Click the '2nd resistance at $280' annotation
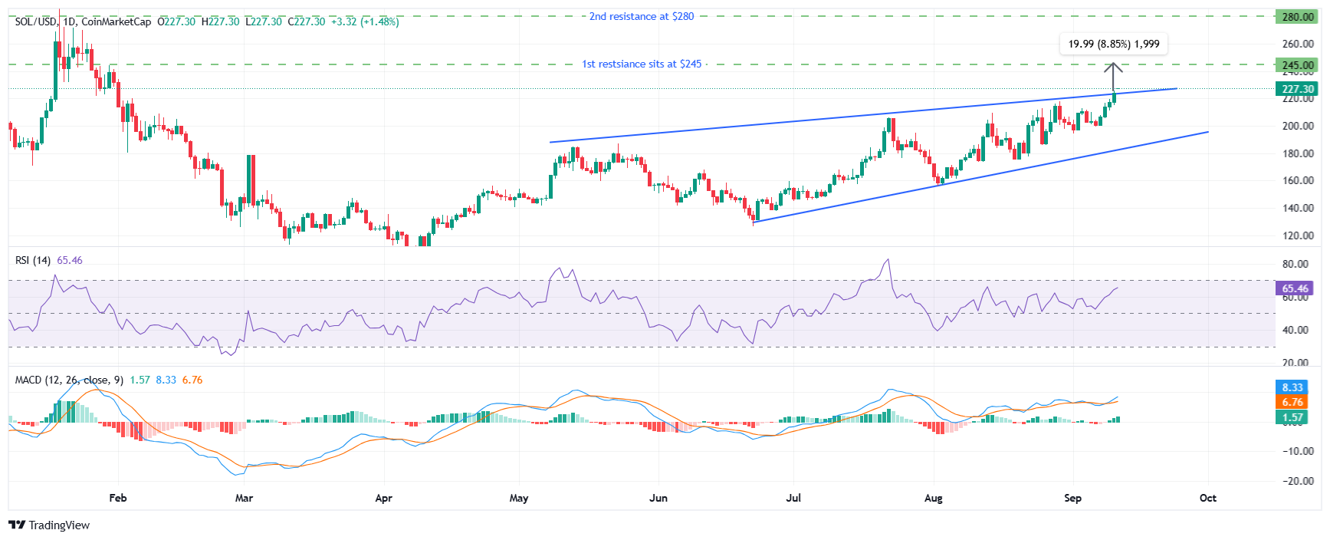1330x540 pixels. coord(641,16)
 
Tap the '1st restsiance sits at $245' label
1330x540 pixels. coord(641,64)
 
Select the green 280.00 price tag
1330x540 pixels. coord(1298,17)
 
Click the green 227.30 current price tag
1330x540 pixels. coord(1298,89)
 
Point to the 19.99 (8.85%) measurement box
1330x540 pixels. coord(1113,44)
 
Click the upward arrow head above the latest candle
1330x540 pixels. coord(1113,66)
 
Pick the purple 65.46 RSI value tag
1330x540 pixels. coord(1295,289)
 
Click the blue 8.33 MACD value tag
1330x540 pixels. coord(1292,387)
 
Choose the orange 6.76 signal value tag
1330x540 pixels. coord(1292,402)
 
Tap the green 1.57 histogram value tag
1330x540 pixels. coord(1292,417)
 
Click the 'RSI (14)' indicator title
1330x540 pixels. coord(34,260)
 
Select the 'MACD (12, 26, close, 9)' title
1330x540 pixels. coord(69,380)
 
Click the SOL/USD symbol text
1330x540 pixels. coord(35,21)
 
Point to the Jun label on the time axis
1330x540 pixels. coord(658,498)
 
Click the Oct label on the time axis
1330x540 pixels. coord(1207,498)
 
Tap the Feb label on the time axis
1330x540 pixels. coord(117,498)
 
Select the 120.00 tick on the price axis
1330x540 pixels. coord(1298,235)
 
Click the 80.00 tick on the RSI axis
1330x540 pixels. coord(1296,264)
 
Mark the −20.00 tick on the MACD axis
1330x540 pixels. coord(1296,481)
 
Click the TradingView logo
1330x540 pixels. coord(49,525)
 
